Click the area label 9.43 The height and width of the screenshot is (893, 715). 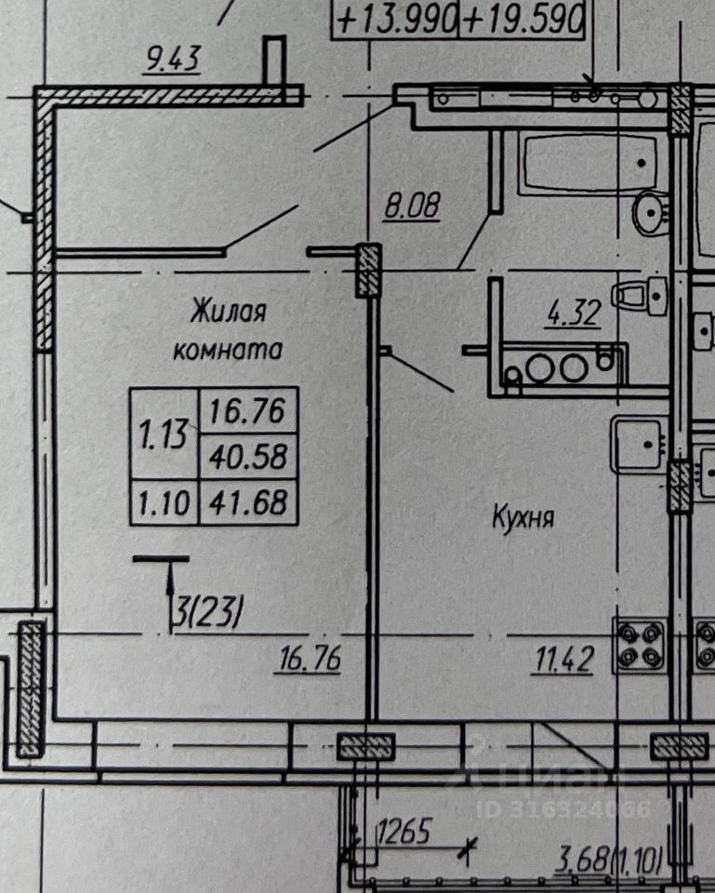(174, 61)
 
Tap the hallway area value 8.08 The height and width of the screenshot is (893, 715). (411, 205)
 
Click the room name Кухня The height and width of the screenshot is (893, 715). (523, 518)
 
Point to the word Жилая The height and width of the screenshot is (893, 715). (228, 311)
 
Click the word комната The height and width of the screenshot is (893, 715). (228, 351)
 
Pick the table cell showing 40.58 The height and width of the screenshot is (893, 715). (247, 457)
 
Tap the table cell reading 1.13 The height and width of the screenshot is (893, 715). (164, 433)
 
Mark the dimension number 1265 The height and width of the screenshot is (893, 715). (403, 833)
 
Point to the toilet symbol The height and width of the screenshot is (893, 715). (643, 296)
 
